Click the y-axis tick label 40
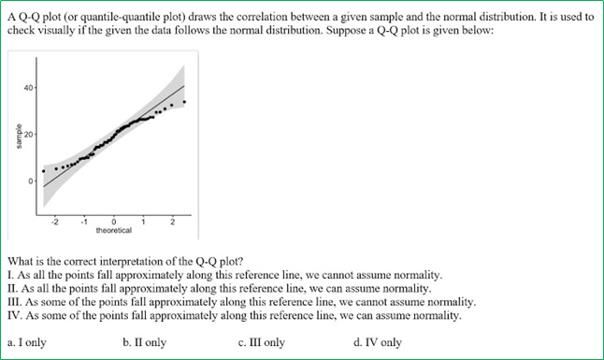tap(29, 88)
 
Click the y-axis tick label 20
tap(29, 135)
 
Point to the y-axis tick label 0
tap(31, 180)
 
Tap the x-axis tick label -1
tap(83, 221)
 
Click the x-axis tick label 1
tap(143, 221)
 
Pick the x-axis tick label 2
tap(173, 221)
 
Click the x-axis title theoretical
tap(113, 230)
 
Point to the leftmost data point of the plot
tap(43, 171)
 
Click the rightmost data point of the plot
tap(184, 102)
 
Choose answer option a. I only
tap(26, 342)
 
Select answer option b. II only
tap(145, 342)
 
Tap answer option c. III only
tap(262, 342)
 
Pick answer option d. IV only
tap(378, 342)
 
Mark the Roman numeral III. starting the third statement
tap(14, 303)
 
